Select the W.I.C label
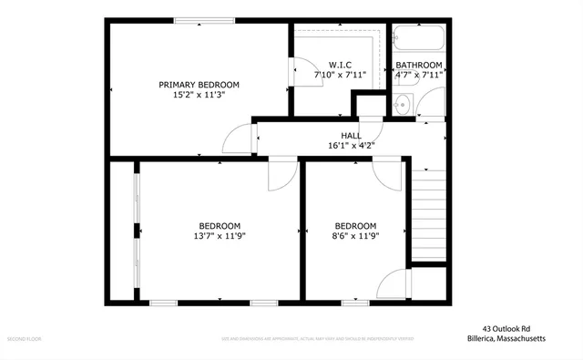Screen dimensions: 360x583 pyautogui.click(x=339, y=65)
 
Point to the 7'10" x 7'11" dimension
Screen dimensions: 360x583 pyautogui.click(x=339, y=76)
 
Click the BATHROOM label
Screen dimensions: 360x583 pyautogui.click(x=418, y=65)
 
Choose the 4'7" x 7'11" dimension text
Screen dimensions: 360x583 pyautogui.click(x=418, y=76)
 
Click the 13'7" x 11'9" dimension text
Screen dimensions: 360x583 pyautogui.click(x=220, y=236)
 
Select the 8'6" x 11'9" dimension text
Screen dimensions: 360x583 pyautogui.click(x=354, y=236)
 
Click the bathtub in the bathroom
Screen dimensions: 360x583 pyautogui.click(x=418, y=39)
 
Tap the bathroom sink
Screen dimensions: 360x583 pyautogui.click(x=404, y=105)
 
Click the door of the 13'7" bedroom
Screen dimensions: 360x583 pyautogui.click(x=282, y=175)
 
